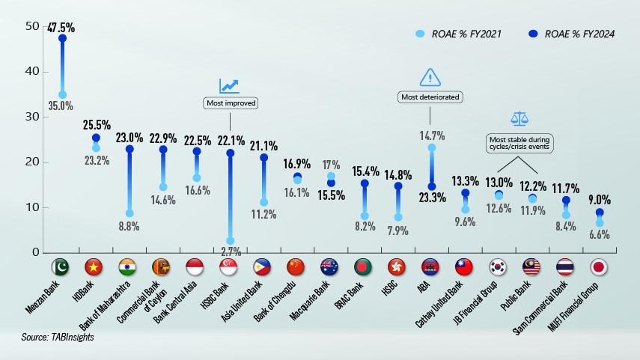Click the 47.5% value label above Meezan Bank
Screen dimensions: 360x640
coord(61,28)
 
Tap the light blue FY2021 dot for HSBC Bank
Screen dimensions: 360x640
coord(230,241)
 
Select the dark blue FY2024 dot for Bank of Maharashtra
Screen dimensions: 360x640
coord(129,149)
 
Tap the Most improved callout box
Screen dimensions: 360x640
coord(230,103)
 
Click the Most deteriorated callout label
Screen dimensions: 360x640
coord(430,97)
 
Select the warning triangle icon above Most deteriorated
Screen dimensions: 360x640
coord(430,77)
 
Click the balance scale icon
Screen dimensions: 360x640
coord(519,118)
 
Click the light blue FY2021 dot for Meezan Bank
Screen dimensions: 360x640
coord(62,95)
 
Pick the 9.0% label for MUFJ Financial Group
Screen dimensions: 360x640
coord(599,200)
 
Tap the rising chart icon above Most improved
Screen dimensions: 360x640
coord(229,86)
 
